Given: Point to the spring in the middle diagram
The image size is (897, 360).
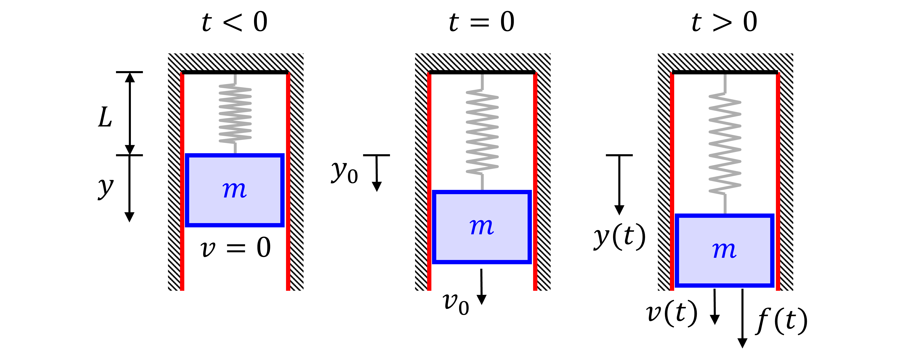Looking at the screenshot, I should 482,132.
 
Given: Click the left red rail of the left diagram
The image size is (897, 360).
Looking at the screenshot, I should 182,181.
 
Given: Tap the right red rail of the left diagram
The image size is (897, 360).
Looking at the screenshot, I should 288,181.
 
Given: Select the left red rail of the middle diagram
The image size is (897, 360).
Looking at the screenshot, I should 429,181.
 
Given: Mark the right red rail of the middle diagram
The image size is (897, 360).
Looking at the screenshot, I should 535,181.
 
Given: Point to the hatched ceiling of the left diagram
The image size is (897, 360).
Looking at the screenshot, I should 235,62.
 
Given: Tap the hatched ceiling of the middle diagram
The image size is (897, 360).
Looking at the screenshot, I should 483,62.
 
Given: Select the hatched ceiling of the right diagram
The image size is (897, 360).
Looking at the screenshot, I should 725,62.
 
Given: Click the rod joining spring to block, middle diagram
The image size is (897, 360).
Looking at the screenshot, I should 482,182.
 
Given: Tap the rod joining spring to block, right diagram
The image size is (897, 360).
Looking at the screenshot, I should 725,204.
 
